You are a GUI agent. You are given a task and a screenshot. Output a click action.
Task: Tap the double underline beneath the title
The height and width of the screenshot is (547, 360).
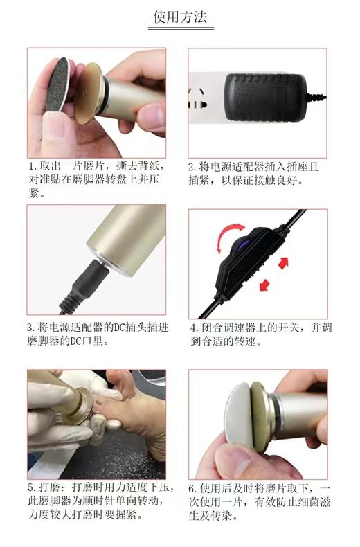click(179, 29)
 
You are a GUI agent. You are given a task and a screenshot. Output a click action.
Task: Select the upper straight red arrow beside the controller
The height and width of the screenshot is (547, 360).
click(283, 262)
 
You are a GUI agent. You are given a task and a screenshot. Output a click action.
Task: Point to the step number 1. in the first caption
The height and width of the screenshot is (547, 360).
click(32, 167)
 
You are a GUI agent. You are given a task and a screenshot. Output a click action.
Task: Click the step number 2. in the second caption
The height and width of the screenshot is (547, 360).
click(192, 167)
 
